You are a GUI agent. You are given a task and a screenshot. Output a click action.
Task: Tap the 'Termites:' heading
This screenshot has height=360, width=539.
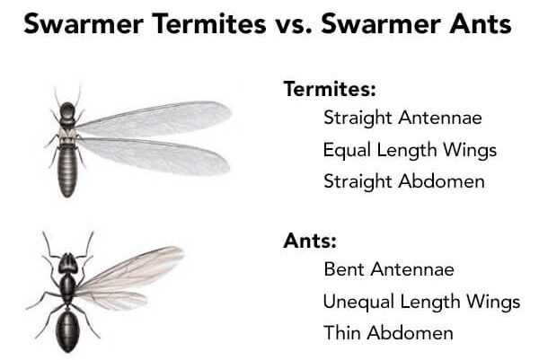tap(330, 89)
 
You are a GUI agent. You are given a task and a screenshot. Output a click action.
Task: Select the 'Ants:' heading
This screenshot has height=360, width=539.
tap(310, 241)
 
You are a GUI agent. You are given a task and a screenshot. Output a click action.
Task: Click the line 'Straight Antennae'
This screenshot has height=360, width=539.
tap(402, 119)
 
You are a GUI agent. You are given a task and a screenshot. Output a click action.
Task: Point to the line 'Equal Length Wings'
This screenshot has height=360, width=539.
tap(410, 151)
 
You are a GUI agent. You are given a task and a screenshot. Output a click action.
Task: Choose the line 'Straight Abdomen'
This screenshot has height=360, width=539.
tap(404, 181)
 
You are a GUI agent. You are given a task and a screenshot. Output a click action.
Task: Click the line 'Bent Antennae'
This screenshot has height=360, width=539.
tap(389, 269)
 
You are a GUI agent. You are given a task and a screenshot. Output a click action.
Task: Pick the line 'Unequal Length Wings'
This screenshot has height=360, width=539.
tap(421, 302)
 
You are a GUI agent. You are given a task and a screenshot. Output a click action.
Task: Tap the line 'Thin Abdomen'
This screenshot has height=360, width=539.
tap(388, 332)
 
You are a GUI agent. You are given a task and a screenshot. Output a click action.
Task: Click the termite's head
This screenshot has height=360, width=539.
tap(67, 110)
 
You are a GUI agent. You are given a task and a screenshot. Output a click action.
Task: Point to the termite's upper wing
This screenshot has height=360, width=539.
tap(154, 119)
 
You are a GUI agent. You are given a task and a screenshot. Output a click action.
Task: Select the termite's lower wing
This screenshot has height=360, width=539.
tap(154, 156)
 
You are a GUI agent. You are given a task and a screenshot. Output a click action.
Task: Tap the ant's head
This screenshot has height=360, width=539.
tap(67, 264)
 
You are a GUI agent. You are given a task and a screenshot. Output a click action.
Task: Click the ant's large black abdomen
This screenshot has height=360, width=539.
tap(67, 329)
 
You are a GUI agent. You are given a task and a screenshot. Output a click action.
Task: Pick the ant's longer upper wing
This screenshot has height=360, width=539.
tap(130, 270)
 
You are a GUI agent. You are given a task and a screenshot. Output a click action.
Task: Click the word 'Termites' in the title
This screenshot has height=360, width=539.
tap(209, 24)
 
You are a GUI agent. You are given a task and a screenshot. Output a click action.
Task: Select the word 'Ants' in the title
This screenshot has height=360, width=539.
tap(481, 24)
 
